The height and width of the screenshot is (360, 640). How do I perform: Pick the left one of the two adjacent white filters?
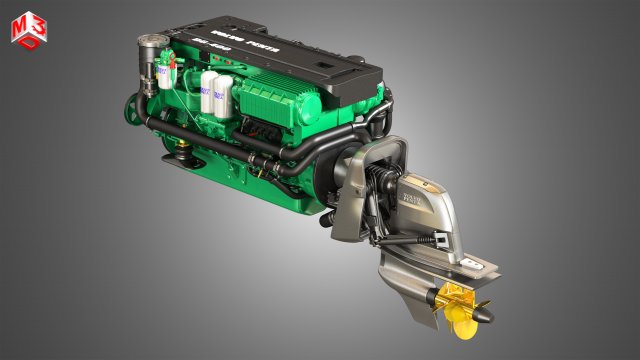[209, 92]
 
